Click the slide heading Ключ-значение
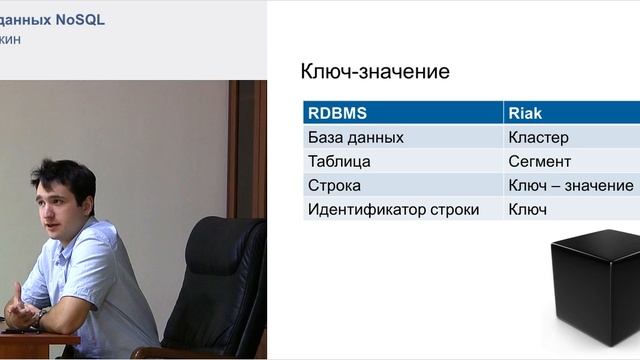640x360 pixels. pos(375,72)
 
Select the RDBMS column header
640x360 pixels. pos(336,112)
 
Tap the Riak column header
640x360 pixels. pos(526,112)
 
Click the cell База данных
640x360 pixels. pos(357,137)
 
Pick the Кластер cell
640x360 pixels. pos(538,137)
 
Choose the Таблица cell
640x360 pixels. pos(340,161)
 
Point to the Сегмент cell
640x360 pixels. pos(539,161)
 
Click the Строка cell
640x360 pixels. pos(335,186)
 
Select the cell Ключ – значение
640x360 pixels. pos(570,186)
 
